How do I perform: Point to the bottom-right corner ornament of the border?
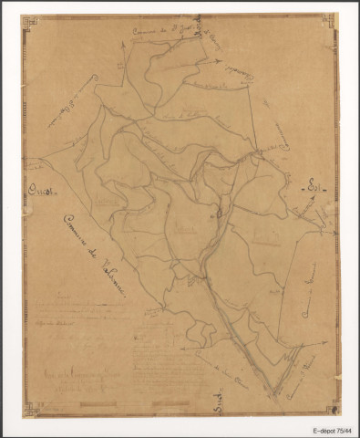[334, 410]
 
